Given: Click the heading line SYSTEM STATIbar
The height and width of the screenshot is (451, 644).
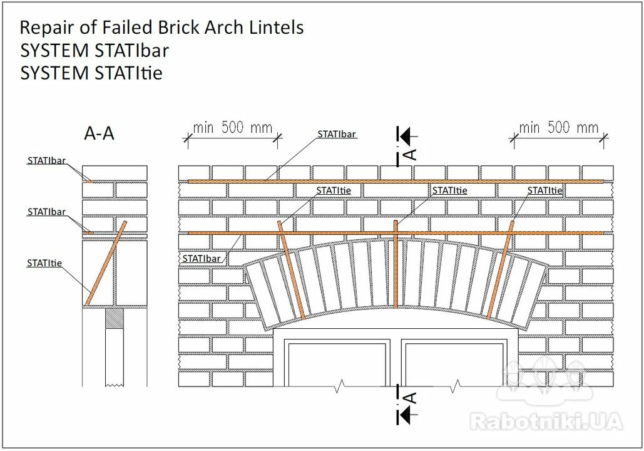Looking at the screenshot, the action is pos(95,51).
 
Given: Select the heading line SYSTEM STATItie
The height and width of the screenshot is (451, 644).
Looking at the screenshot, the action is pos(91,73).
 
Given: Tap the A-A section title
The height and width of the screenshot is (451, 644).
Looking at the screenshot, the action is pos(99,133).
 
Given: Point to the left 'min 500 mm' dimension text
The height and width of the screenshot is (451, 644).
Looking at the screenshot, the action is pos(232,127).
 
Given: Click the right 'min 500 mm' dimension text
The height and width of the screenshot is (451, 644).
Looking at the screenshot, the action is pos(558,127).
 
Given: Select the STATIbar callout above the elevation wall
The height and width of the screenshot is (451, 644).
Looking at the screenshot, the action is pos(336,134).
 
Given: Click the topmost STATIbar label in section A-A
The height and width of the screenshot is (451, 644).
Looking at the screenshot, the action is pos(46,160).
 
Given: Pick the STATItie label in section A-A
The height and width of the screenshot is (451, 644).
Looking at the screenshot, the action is pos(44,263).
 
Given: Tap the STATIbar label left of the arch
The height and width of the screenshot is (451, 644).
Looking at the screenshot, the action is pos(202,259).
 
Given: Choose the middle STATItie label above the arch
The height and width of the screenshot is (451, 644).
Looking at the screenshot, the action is pos(449,190).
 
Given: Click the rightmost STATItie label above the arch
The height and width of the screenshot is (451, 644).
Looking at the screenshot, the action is pos(544,190).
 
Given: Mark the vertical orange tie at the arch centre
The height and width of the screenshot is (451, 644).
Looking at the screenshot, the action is pos(396,264).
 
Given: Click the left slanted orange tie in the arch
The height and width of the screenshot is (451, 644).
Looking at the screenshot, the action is pos(291,270).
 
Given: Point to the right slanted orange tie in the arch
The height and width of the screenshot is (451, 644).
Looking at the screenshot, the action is pos(501,270).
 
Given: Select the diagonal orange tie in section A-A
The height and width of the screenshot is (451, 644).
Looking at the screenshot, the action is pos(106,264).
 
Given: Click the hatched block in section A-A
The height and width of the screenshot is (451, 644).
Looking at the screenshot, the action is pos(115,318).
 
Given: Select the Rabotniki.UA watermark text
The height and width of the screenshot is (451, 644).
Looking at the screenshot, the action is pos(546,422).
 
